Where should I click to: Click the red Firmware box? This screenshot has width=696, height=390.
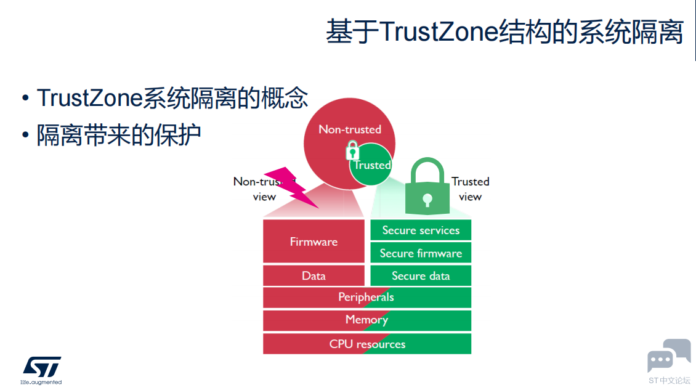click(x=314, y=241)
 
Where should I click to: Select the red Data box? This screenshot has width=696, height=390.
click(x=314, y=276)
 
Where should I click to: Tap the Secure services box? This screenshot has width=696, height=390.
click(x=421, y=230)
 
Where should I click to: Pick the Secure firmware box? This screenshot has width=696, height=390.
click(x=421, y=253)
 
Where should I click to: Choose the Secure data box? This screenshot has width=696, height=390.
click(x=421, y=276)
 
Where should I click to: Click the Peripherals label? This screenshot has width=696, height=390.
click(x=366, y=297)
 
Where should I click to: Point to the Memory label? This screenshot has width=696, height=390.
click(x=366, y=320)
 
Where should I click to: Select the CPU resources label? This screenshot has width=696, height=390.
click(x=367, y=344)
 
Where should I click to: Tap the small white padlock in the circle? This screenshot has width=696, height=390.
click(x=352, y=150)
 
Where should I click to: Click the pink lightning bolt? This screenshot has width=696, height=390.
click(x=291, y=187)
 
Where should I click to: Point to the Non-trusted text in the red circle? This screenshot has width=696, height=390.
click(x=350, y=129)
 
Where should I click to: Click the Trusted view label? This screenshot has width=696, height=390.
click(x=471, y=189)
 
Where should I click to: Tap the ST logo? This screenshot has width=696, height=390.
click(x=42, y=367)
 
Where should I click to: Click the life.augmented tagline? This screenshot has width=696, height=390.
click(x=41, y=382)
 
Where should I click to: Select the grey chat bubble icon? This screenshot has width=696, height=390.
click(x=669, y=355)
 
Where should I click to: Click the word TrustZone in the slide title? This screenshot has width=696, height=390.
click(x=439, y=32)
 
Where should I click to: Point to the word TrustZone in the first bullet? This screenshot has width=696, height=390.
click(x=90, y=98)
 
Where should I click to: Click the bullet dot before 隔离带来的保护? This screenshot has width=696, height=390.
click(x=25, y=134)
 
